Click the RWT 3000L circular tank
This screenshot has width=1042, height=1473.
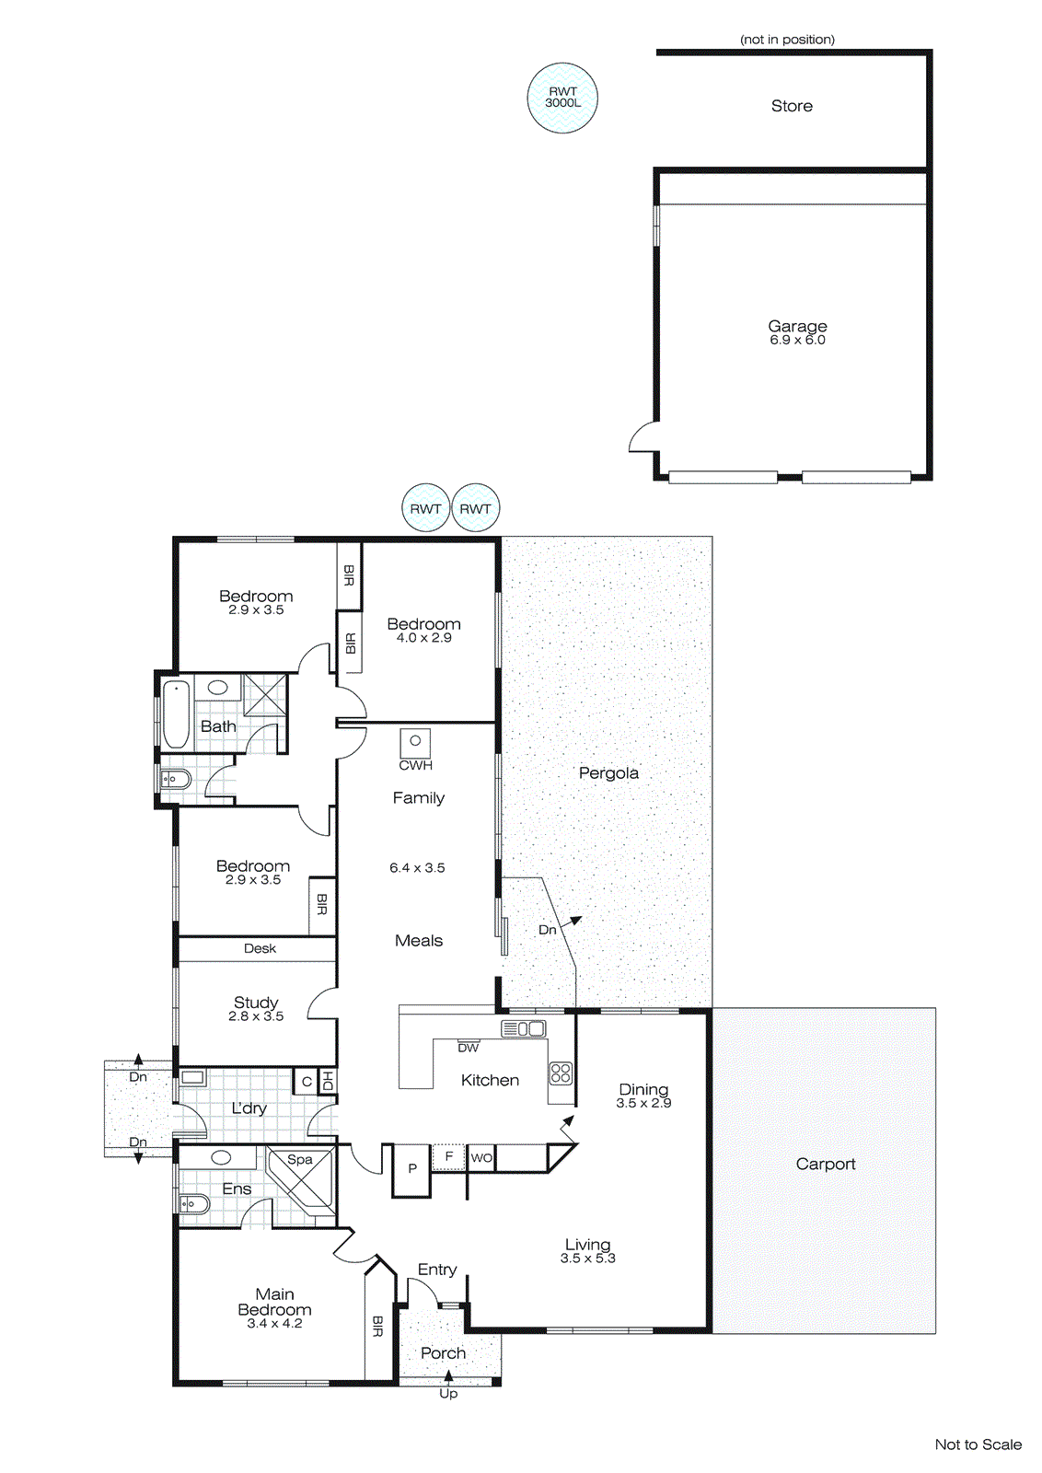point(562,98)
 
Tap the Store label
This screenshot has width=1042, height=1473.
point(792,106)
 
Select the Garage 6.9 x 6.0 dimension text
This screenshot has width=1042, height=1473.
point(797,340)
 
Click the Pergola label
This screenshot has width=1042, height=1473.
point(608,772)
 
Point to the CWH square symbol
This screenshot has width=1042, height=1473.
point(415,741)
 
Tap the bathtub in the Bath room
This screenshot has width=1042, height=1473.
point(176,713)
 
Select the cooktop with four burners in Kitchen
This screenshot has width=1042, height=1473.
point(561,1073)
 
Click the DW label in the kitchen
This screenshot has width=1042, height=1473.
point(469,1048)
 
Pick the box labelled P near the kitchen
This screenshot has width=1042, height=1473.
point(412,1168)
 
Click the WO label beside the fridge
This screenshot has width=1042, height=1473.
point(481,1158)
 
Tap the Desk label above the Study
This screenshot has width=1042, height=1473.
point(260,948)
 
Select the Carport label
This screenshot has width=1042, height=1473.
point(826,1164)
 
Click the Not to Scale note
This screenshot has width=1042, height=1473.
point(978,1444)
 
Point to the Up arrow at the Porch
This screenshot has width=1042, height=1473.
point(448,1377)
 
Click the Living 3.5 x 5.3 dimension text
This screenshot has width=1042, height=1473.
point(587,1258)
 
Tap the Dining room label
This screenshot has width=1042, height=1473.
point(643,1089)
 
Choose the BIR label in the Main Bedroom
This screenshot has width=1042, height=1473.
point(377,1327)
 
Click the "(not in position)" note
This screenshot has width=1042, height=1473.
point(787,40)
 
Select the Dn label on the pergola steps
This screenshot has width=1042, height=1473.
point(547,930)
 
